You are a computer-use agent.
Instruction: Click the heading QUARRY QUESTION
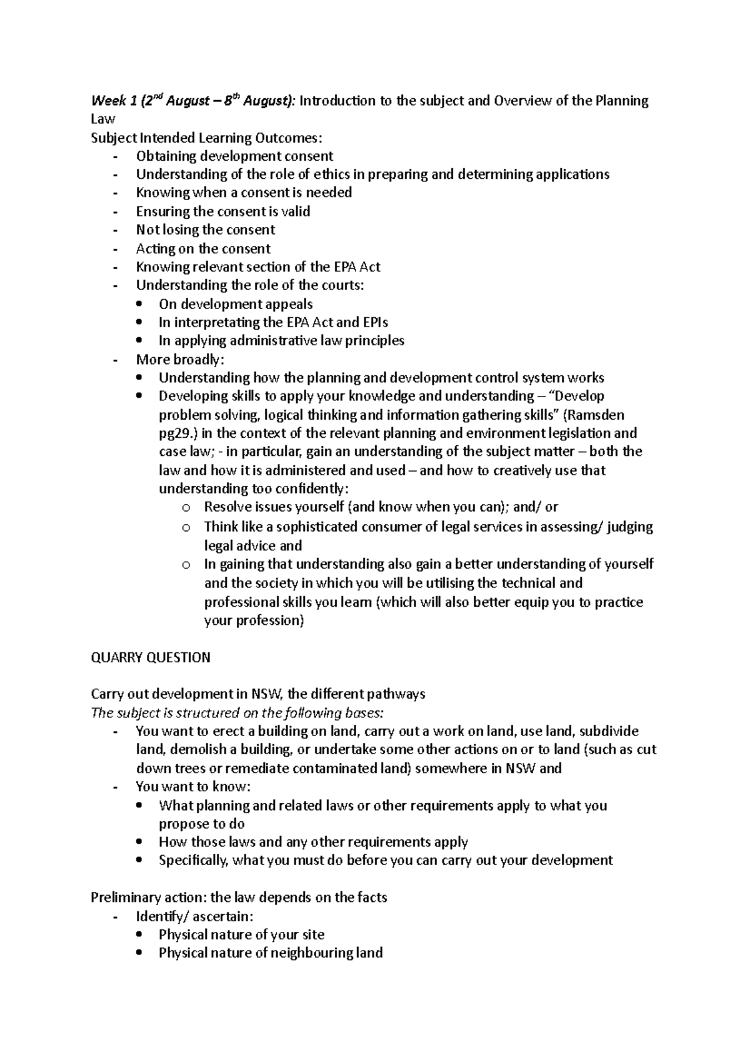[x=151, y=657]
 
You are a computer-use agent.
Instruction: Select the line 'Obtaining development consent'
[x=234, y=156]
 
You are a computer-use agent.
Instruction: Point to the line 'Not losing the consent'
[x=206, y=230]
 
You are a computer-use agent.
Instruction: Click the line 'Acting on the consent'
[x=203, y=248]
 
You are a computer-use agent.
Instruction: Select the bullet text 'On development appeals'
[x=236, y=304]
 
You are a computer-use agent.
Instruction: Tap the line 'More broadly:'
[x=179, y=359]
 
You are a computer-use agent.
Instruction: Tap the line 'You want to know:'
[x=192, y=786]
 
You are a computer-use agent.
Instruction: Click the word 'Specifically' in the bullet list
[x=194, y=860]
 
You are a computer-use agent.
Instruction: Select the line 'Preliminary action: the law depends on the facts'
[x=239, y=897]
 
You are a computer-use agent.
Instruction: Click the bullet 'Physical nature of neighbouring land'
[x=270, y=953]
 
